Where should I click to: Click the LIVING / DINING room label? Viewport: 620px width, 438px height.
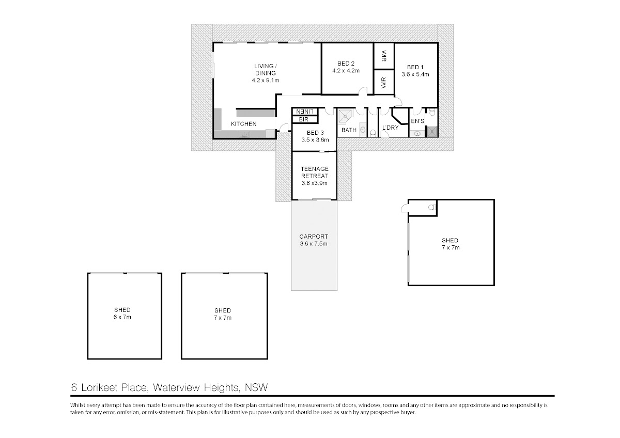[x=266, y=70]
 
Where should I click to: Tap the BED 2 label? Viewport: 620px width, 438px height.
[x=346, y=64]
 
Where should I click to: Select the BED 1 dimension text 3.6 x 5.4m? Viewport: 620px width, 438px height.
[x=415, y=74]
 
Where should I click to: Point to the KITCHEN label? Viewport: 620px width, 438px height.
[x=243, y=124]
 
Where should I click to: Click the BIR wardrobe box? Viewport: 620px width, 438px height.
[x=305, y=119]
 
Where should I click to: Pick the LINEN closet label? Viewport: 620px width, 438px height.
[x=305, y=112]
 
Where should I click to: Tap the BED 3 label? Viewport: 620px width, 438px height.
[x=315, y=133]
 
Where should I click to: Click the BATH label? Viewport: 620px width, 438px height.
[x=349, y=130]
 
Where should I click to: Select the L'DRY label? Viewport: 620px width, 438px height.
[x=390, y=128]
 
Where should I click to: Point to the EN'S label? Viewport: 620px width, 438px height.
[x=417, y=121]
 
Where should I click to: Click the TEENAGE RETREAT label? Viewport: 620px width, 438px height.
[x=315, y=172]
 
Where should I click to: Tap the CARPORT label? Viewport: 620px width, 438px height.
[x=314, y=237]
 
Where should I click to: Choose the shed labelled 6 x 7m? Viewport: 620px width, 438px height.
[x=125, y=316]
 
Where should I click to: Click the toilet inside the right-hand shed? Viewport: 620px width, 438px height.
[x=432, y=207]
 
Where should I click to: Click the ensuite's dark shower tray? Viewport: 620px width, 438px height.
[x=432, y=132]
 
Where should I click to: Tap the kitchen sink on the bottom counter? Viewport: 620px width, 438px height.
[x=245, y=134]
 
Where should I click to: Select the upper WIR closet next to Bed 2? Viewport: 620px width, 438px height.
[x=384, y=56]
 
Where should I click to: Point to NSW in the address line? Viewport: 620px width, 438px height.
[x=256, y=387]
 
